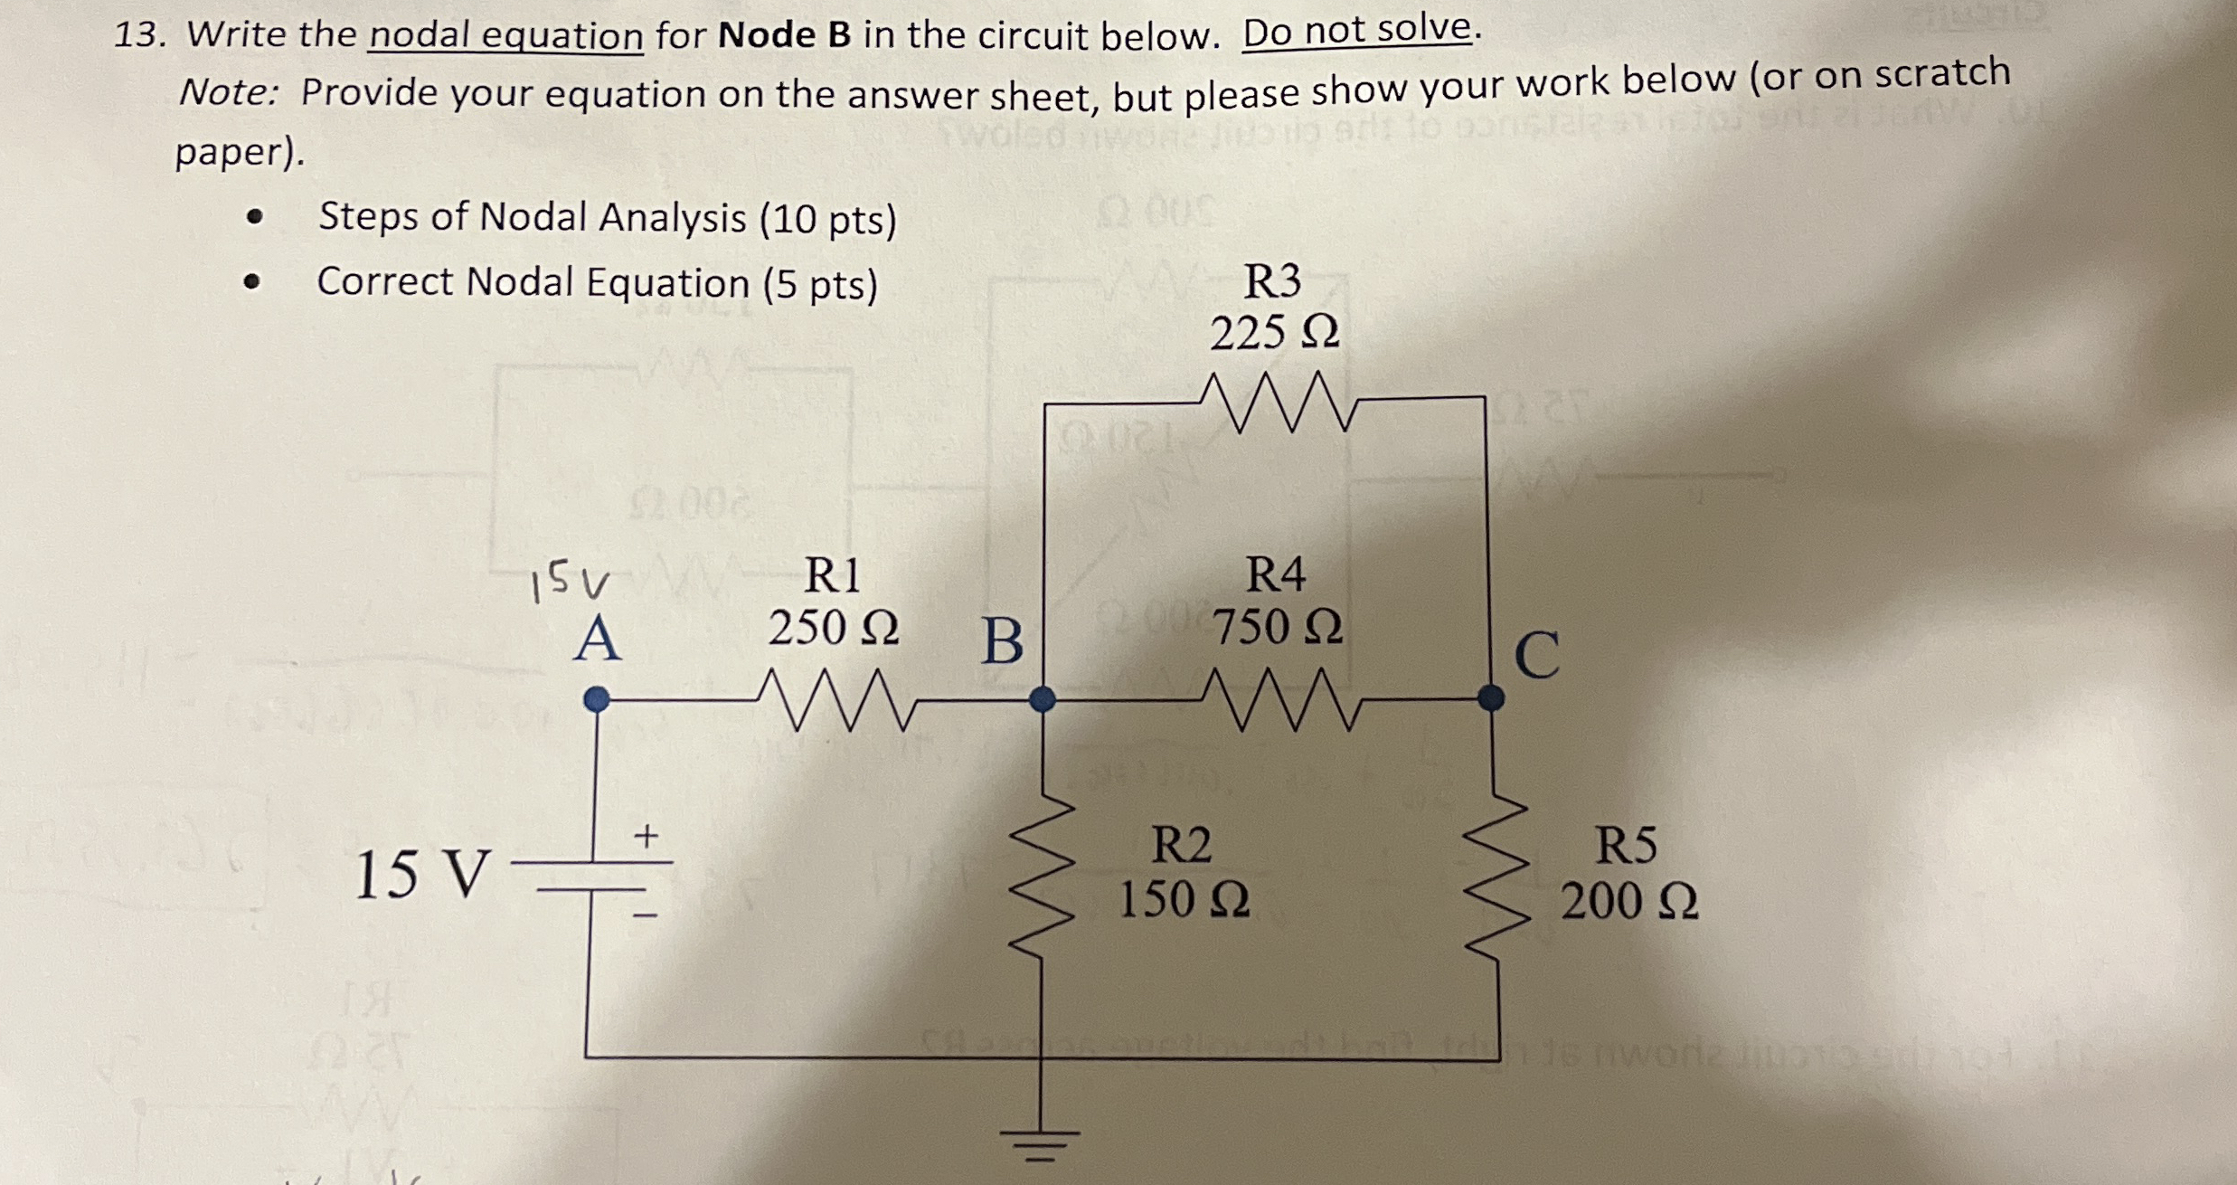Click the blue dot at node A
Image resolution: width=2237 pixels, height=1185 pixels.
597,699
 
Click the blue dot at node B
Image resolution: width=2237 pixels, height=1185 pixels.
1043,699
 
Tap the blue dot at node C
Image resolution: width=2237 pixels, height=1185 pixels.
1491,697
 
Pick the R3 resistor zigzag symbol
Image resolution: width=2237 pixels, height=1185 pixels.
1279,402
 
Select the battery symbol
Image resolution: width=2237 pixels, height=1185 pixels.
592,876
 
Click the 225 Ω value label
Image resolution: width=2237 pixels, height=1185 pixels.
1275,333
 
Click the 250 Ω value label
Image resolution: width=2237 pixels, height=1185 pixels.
834,627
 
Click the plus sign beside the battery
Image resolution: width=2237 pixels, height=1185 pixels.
646,836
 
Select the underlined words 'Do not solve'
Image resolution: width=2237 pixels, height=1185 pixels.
1357,31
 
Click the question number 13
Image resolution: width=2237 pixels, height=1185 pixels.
139,34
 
